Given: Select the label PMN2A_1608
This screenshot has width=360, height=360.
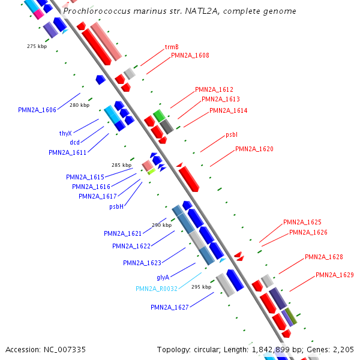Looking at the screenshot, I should coord(190,55).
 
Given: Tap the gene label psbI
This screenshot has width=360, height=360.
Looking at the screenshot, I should coord(232,135).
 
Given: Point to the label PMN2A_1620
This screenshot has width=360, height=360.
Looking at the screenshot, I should coord(254,149).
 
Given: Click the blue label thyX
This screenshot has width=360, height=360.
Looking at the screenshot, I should coord(65,133).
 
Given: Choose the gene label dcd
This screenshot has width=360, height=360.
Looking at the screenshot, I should coord(74,142).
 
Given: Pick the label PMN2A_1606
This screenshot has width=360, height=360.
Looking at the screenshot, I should coord(37,110).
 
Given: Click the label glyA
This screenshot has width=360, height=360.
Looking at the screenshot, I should coord(163,277).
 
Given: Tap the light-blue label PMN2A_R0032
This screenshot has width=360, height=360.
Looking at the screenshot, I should coord(157,289).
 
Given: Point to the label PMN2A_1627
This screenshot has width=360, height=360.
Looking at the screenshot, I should coord(170,307).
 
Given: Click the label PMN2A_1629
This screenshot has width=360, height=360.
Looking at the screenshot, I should coord(335,275).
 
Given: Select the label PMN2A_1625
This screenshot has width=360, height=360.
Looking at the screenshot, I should coord(302,222).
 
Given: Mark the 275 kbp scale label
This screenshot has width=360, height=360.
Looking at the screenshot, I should coord(37,46).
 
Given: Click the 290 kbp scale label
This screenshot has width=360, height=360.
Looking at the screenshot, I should coord(161,225).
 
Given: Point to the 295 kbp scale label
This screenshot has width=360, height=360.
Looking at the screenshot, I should coord(202,287).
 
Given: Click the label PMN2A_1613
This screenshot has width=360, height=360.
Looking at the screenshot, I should coord(221,99).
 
